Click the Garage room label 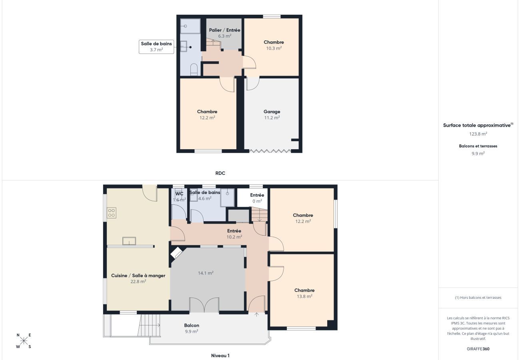[272, 112]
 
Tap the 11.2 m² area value [272, 118]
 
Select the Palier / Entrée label [224, 30]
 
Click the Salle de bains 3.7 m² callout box [156, 46]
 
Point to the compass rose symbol [24, 341]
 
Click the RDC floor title [220, 173]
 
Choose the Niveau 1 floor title [220, 355]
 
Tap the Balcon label [192, 325]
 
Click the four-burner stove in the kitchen [112, 212]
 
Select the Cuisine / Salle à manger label [138, 276]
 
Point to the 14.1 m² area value [206, 273]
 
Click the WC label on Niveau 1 [180, 194]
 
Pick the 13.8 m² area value [304, 296]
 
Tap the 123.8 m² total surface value [478, 134]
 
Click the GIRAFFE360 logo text [478, 349]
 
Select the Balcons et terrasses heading [478, 146]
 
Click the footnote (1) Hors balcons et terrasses [478, 297]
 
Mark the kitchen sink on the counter [129, 241]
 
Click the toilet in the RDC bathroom [194, 70]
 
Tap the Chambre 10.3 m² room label [274, 42]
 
